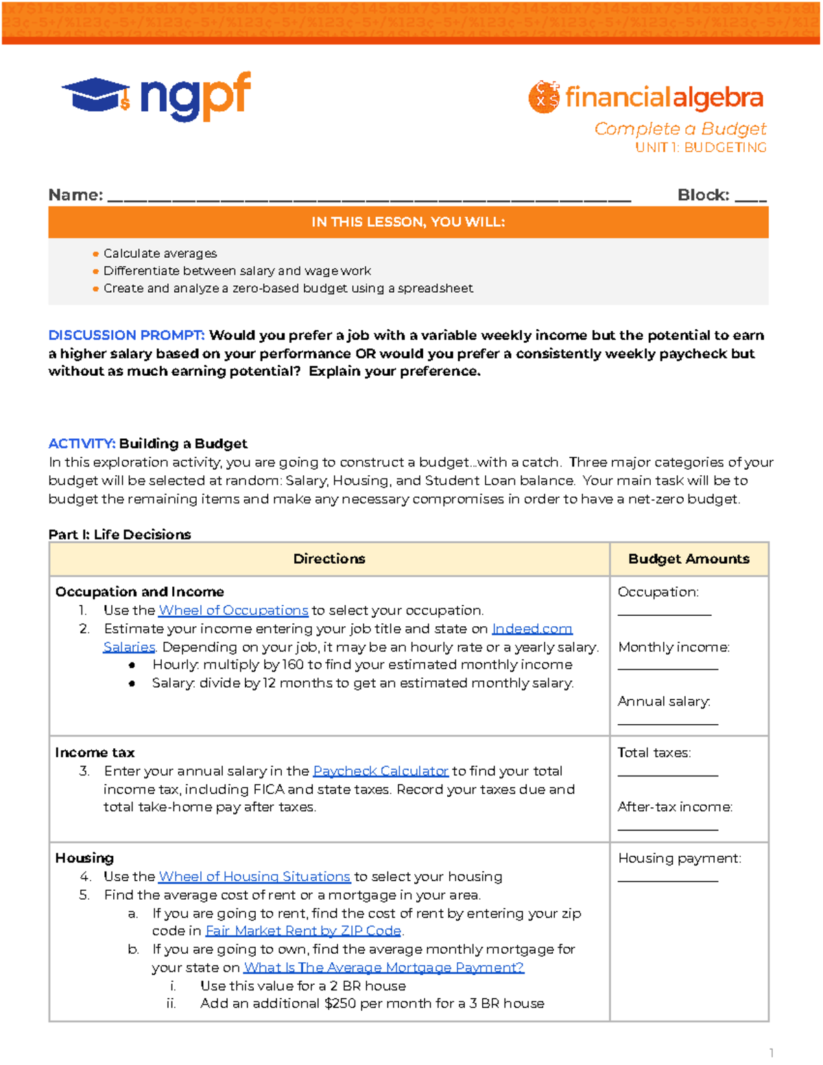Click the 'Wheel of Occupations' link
[x=233, y=610]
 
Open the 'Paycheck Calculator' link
[x=381, y=771]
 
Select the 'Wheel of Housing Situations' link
[x=254, y=876]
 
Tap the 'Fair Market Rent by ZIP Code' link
[x=303, y=931]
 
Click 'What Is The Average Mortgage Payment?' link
[x=383, y=968]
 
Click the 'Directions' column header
[x=329, y=559]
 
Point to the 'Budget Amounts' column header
[x=689, y=559]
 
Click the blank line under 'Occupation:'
[x=664, y=614]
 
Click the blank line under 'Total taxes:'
[x=667, y=774]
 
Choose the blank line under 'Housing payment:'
[x=667, y=880]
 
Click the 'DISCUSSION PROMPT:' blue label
[x=126, y=335]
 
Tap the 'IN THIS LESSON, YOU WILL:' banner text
[x=408, y=222]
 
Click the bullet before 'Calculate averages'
[x=95, y=254]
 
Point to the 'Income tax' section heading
[x=95, y=752]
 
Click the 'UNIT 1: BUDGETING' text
[x=700, y=147]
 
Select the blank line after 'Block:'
[x=750, y=200]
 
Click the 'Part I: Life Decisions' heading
[x=119, y=534]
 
